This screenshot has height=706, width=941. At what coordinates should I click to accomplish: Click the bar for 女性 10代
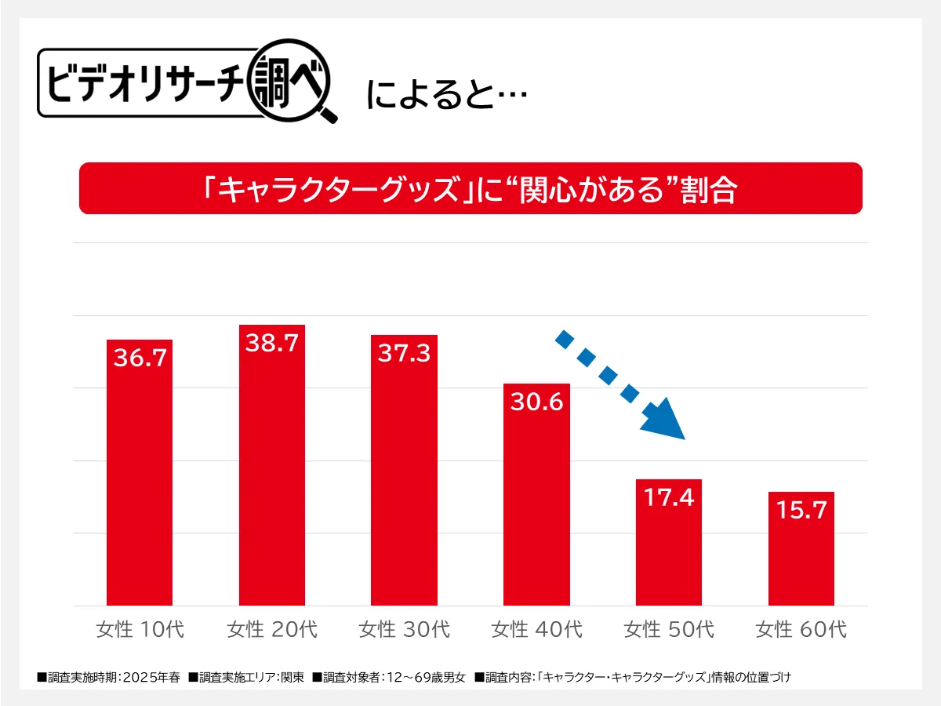click(x=139, y=486)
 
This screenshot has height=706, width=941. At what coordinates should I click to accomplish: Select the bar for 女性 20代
click(x=271, y=479)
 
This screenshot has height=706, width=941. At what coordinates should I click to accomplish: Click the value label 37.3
click(x=404, y=354)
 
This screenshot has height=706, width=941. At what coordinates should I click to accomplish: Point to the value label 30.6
click(x=536, y=402)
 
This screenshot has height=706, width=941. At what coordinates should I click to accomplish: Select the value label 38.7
click(x=271, y=343)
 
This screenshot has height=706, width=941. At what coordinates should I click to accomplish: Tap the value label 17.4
click(x=668, y=497)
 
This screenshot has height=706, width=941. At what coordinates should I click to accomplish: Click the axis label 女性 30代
click(x=404, y=629)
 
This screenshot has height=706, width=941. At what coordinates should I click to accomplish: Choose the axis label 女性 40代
click(x=536, y=629)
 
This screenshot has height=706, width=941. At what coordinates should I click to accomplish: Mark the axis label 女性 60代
click(x=801, y=629)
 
